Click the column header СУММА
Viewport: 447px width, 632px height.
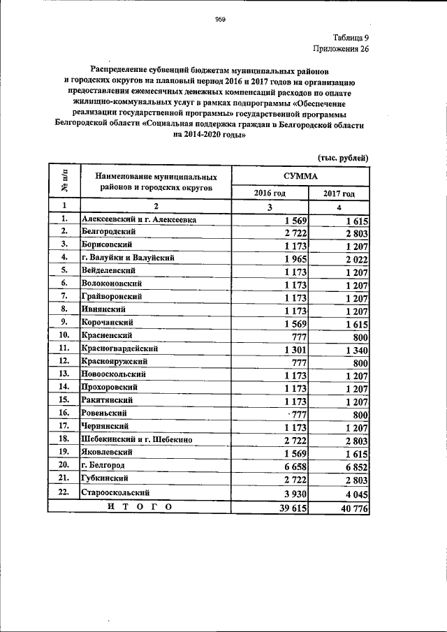[x=300, y=177]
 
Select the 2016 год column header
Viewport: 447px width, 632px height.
[x=269, y=193]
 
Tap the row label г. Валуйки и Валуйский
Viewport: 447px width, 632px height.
[x=127, y=257]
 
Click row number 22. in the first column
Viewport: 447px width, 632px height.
[x=64, y=492]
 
